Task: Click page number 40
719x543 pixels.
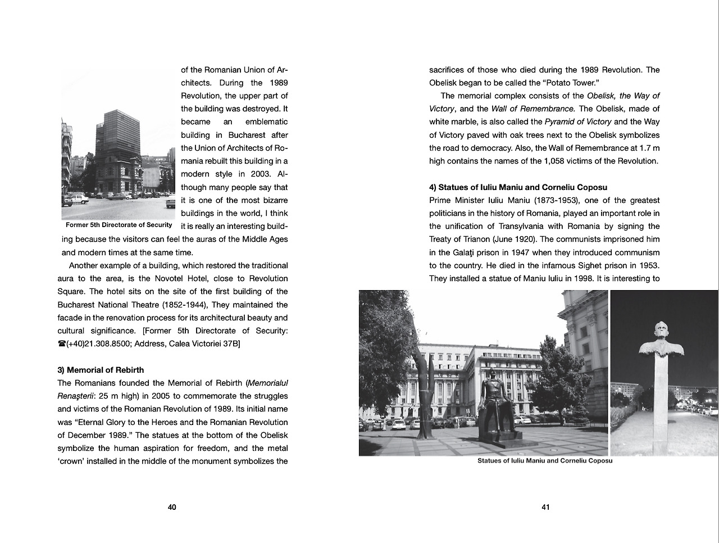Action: click(x=172, y=507)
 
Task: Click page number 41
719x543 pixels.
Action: click(x=545, y=507)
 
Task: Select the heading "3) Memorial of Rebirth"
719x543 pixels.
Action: click(x=101, y=370)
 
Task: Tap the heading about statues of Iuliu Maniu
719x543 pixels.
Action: click(x=518, y=187)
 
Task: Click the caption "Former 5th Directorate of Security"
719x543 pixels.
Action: click(x=119, y=225)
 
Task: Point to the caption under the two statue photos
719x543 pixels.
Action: click(x=545, y=461)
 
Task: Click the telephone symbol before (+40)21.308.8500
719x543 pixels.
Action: click(x=62, y=344)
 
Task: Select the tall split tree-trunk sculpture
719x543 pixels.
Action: click(x=422, y=388)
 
